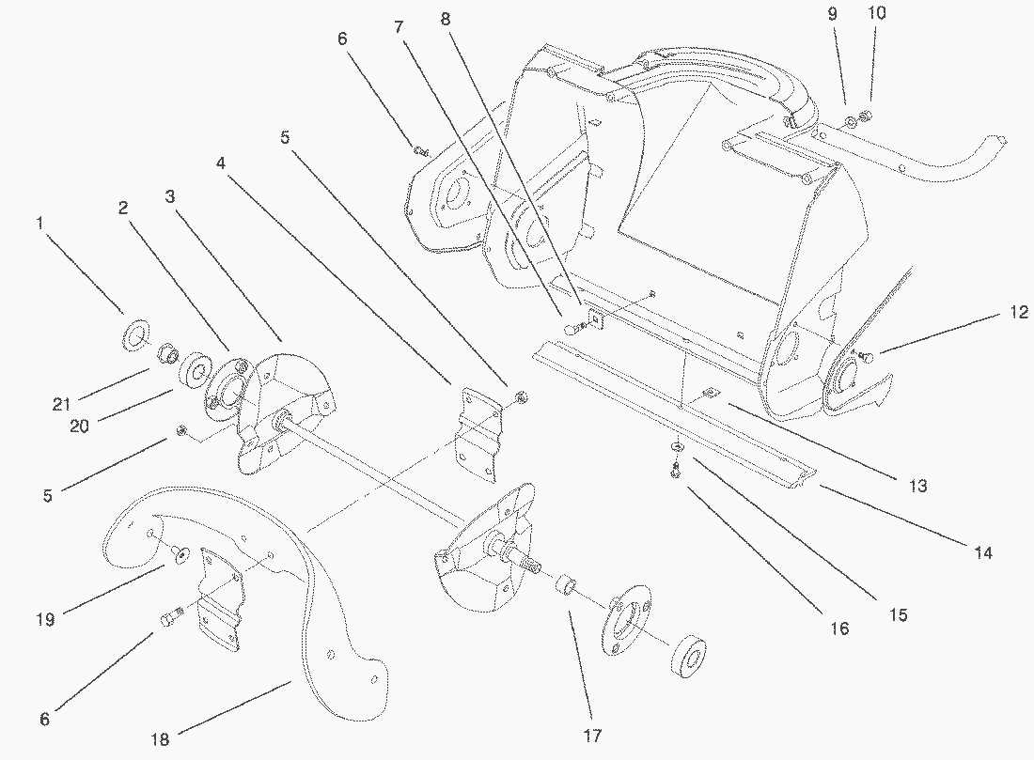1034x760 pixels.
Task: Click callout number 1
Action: [x=39, y=224]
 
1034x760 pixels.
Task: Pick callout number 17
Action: [x=592, y=736]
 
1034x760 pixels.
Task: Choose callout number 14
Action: [x=982, y=553]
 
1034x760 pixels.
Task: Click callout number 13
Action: [x=917, y=486]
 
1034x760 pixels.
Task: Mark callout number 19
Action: [x=44, y=619]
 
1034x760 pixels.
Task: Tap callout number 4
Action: [x=220, y=163]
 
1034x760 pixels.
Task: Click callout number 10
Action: [x=877, y=13]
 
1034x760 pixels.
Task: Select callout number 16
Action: [x=838, y=628]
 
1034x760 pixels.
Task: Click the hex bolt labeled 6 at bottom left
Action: [x=170, y=617]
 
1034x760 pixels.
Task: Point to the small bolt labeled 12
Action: [x=867, y=356]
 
